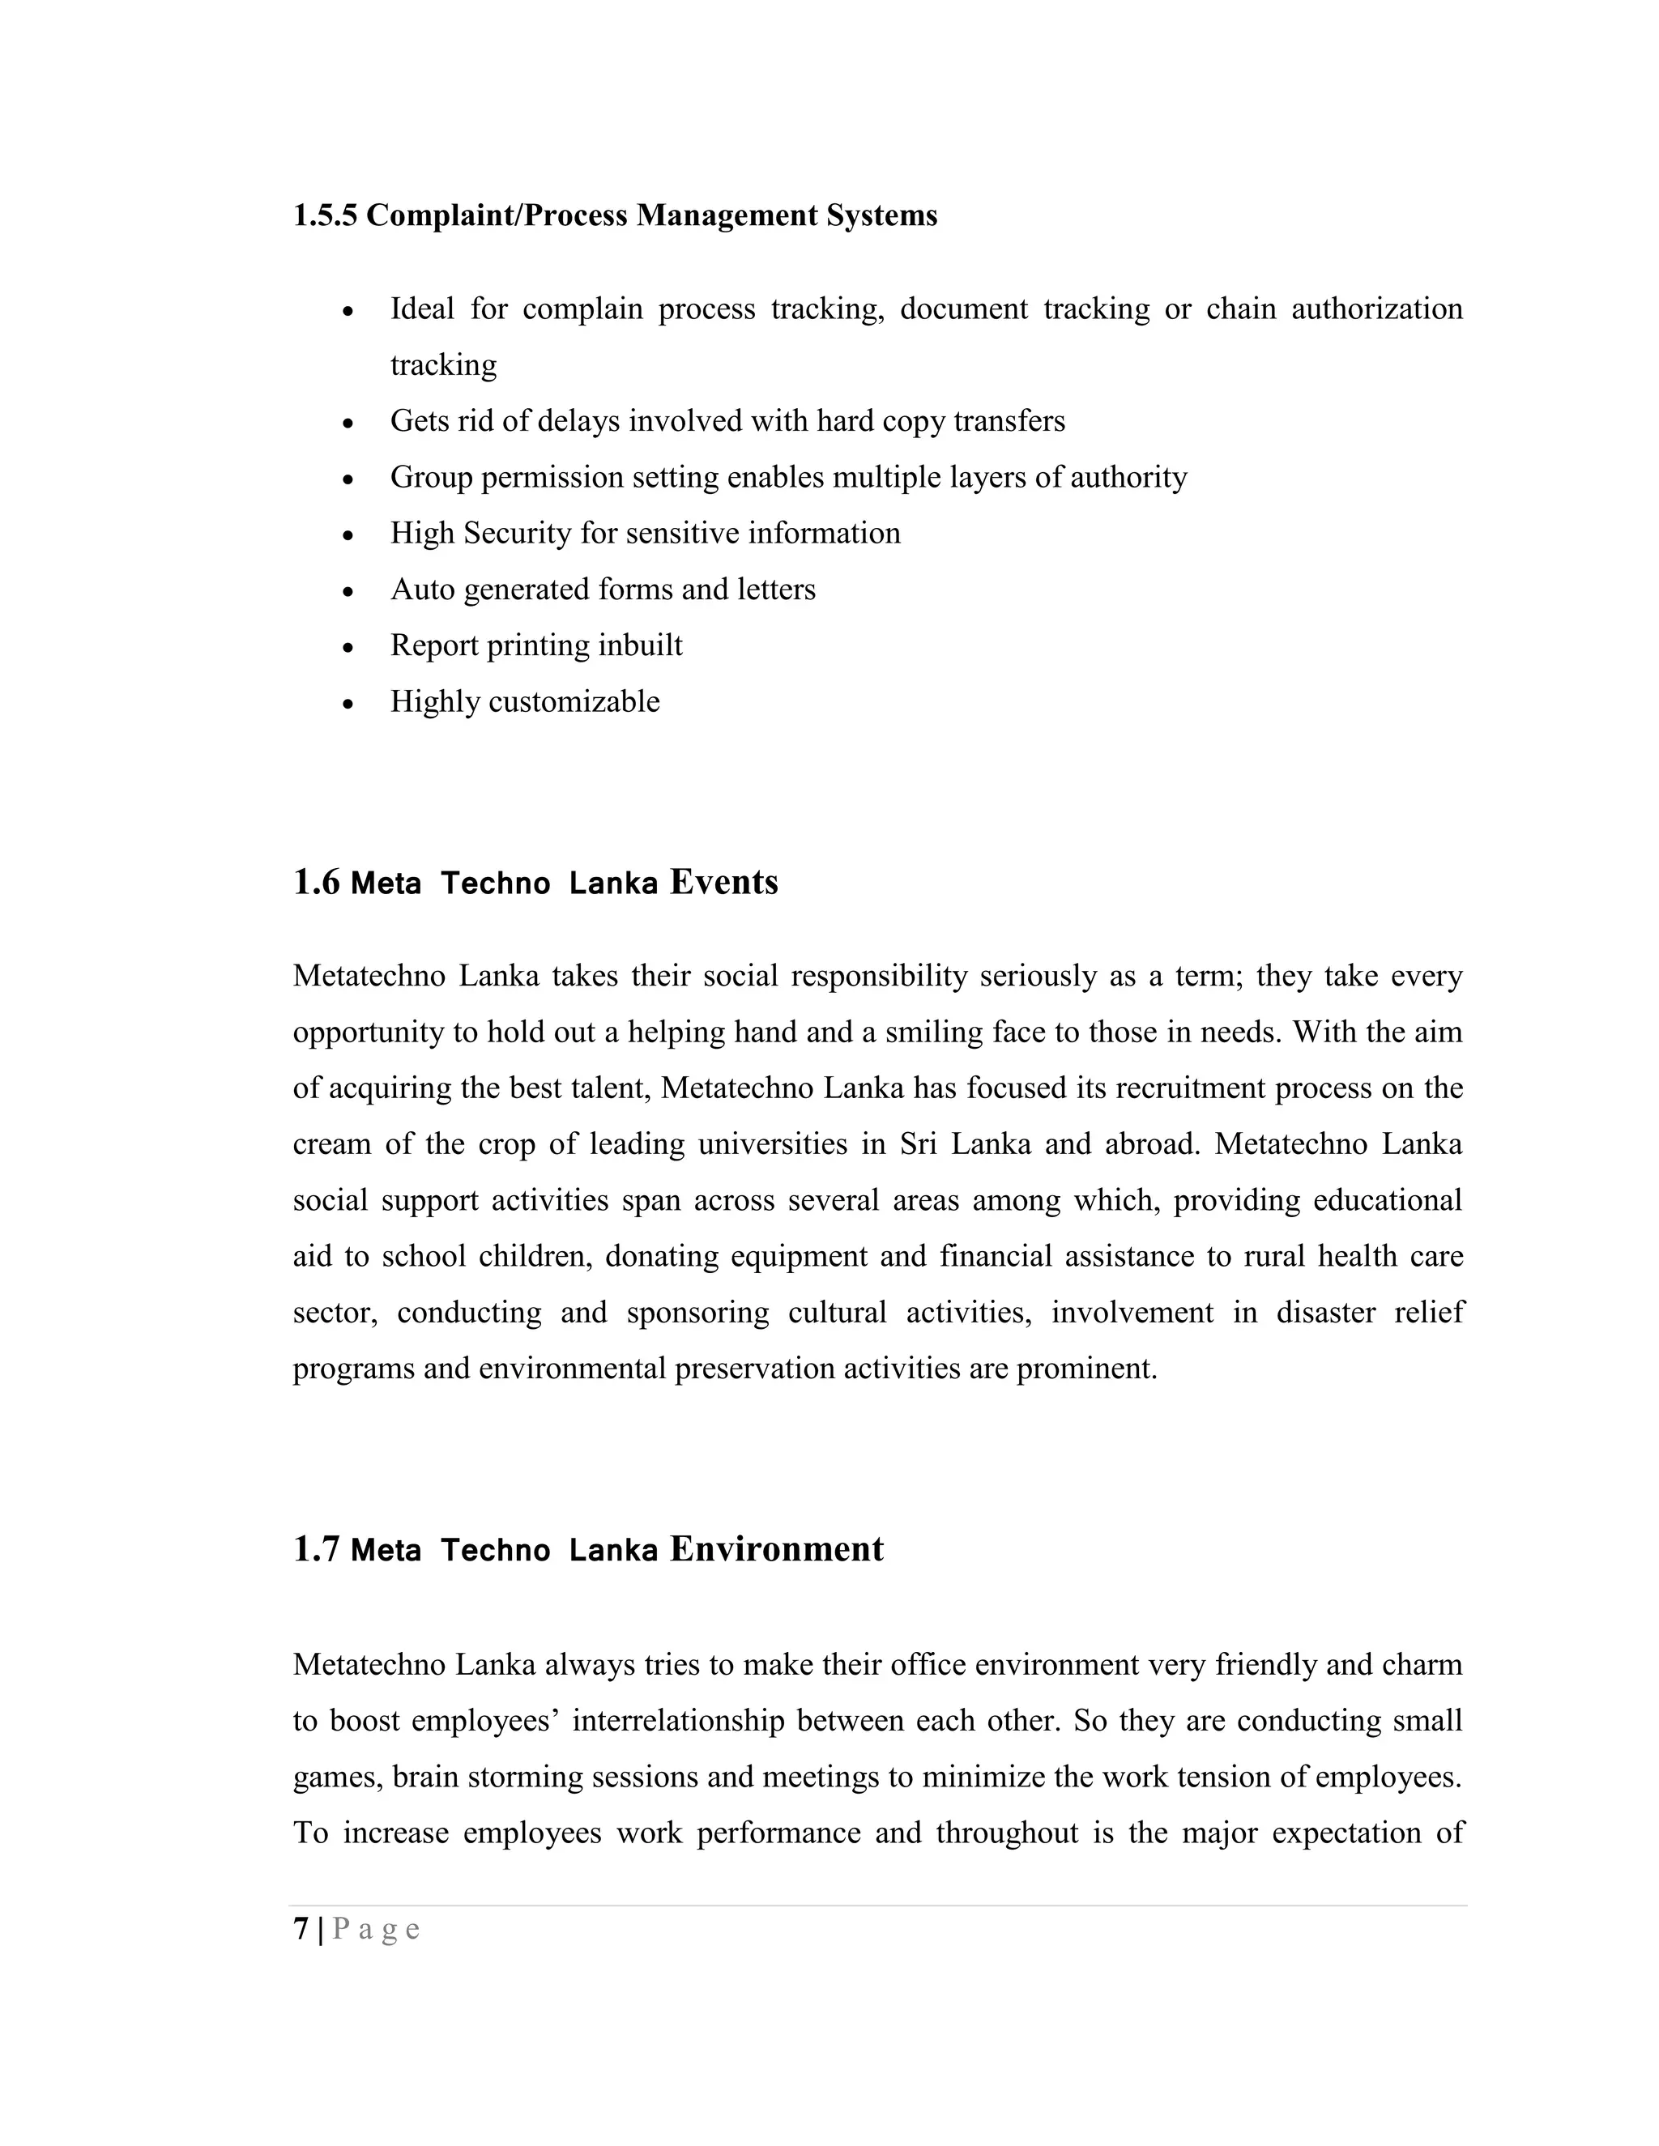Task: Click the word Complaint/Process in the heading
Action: pos(497,215)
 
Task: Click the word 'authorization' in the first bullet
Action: pos(1376,309)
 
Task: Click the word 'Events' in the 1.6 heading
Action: pos(723,883)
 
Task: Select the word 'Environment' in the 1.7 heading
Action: pos(776,1549)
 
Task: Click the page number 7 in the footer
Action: pos(301,1929)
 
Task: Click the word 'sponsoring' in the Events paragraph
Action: pos(697,1313)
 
